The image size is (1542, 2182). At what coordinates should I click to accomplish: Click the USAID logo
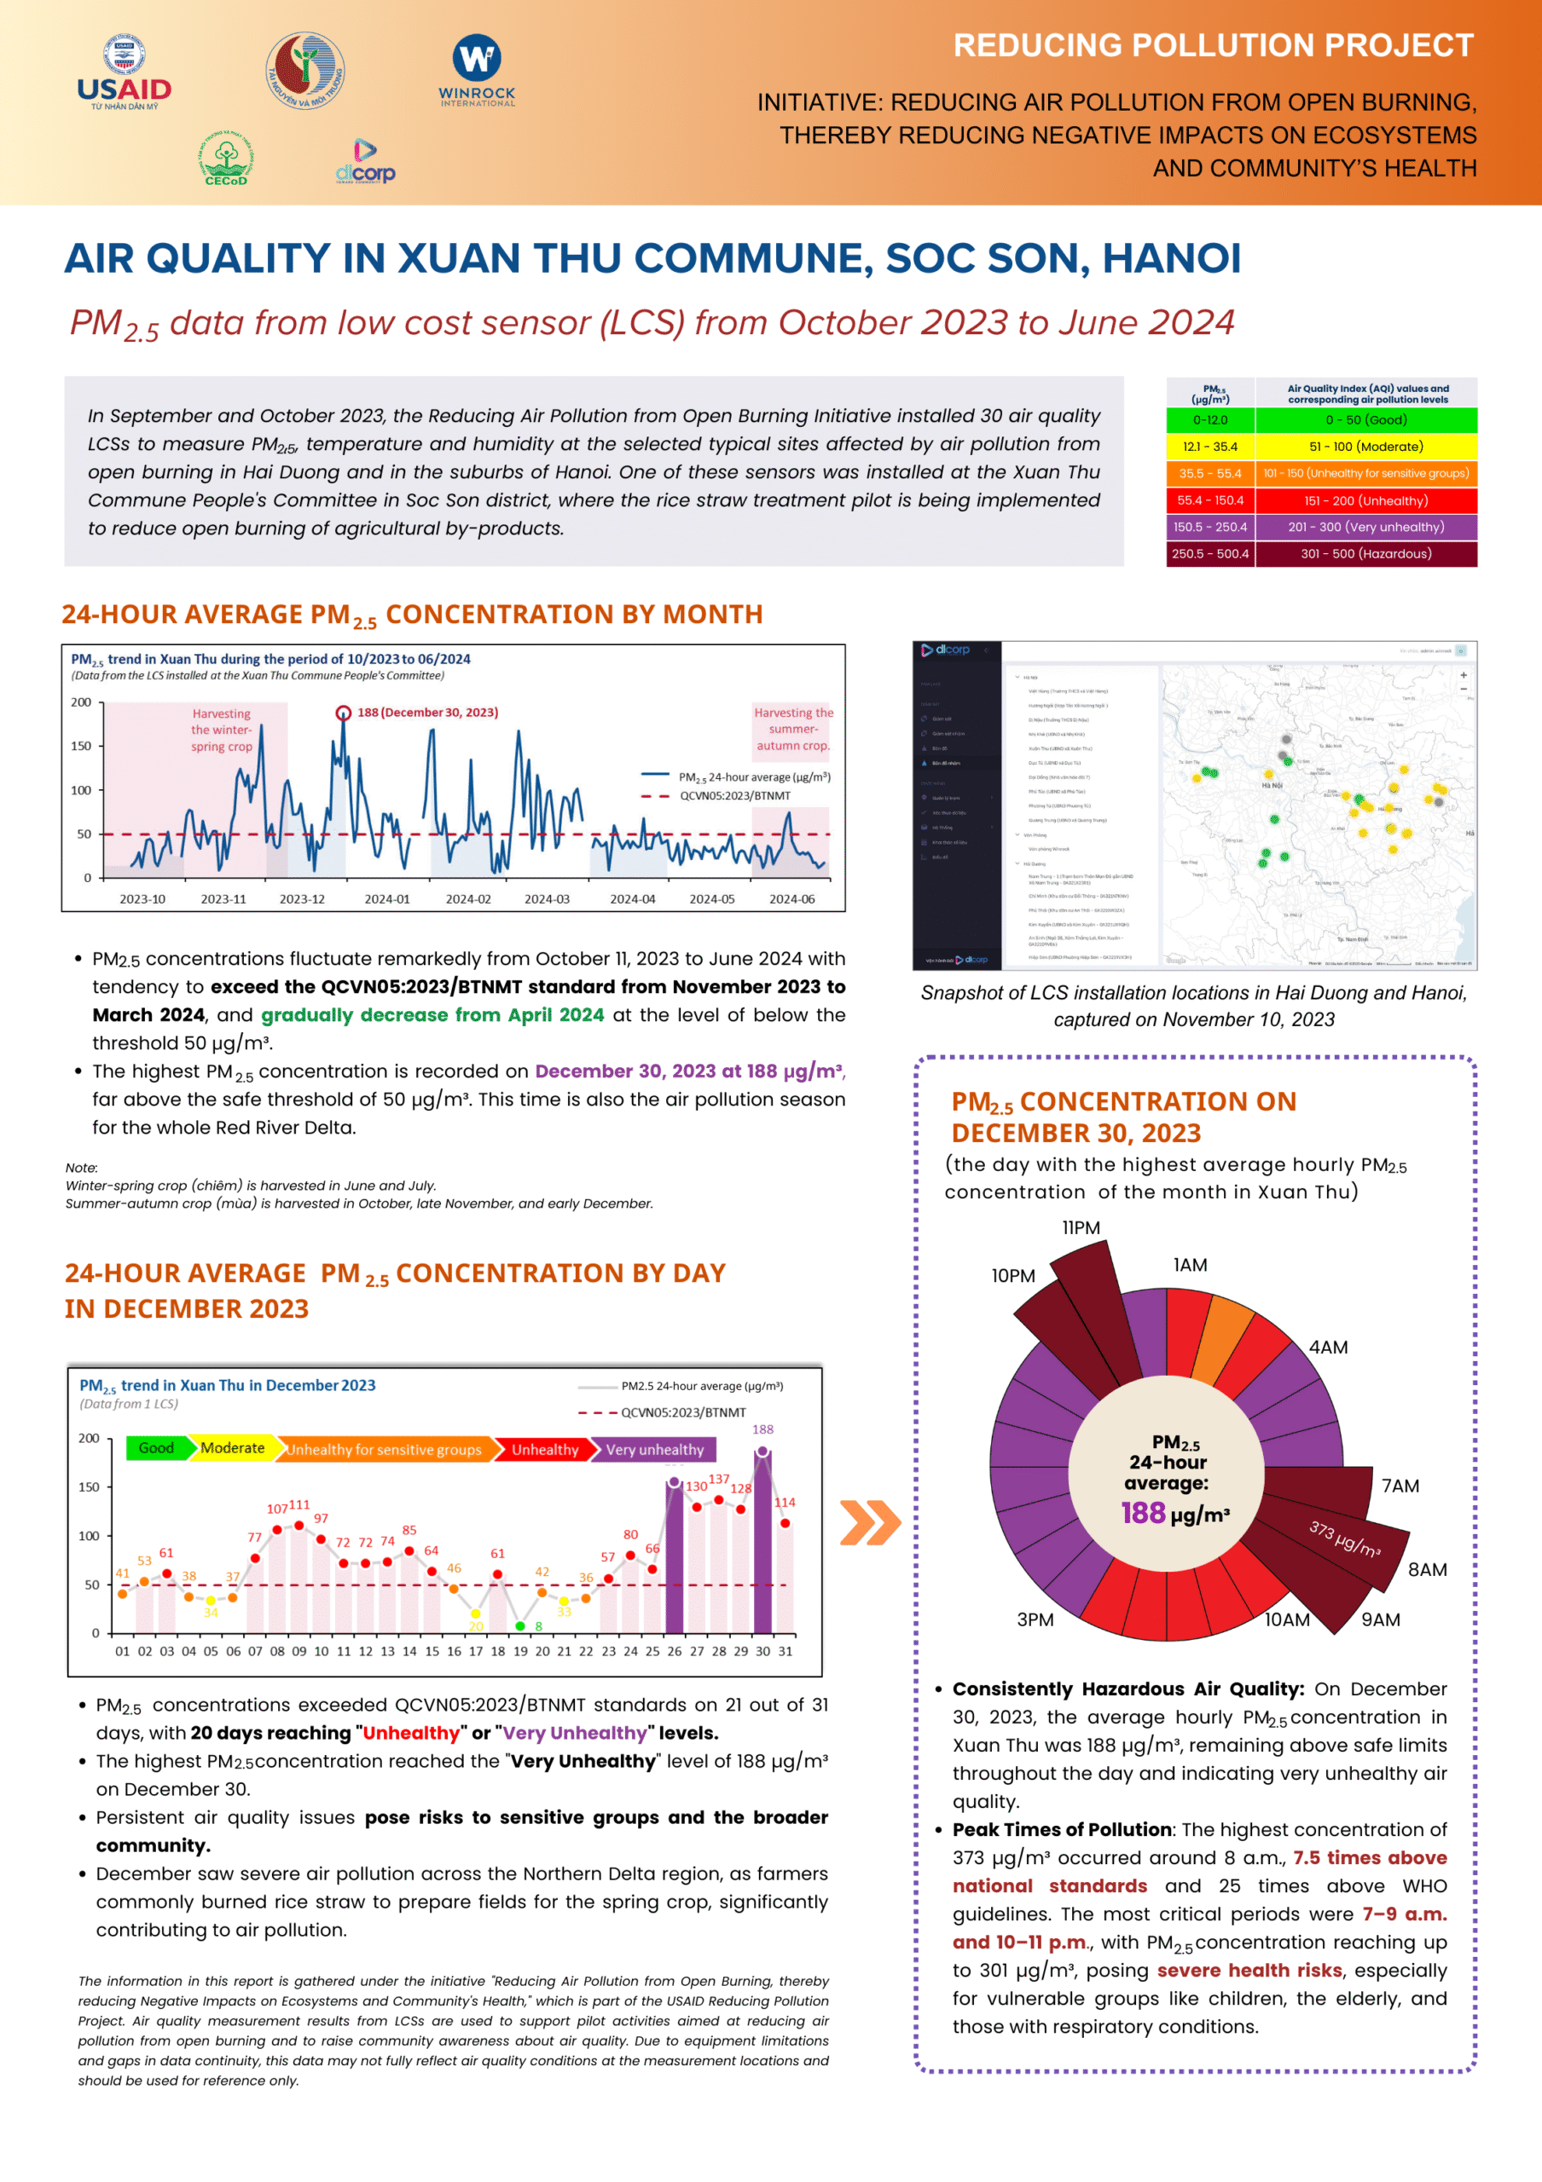coord(125,74)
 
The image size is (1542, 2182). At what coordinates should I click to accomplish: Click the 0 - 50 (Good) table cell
coord(1365,420)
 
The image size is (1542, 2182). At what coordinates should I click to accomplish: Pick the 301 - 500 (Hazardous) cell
coord(1365,553)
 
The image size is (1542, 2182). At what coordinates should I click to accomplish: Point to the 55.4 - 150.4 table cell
coord(1210,499)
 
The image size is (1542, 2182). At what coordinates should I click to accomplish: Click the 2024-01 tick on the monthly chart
coord(387,899)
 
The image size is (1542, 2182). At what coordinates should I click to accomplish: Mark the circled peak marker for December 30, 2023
coord(343,713)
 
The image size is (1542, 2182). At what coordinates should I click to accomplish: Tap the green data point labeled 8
coord(520,1626)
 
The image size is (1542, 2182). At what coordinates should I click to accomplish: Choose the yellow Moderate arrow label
coord(232,1448)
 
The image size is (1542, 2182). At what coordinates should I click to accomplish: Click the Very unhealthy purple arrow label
coord(654,1449)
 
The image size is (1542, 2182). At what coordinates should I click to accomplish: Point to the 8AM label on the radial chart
coord(1427,1570)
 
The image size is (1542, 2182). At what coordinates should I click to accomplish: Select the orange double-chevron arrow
coord(870,1522)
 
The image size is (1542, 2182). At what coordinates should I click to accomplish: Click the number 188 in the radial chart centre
coord(1143,1513)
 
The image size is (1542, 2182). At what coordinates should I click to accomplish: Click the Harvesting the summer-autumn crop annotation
coord(793,729)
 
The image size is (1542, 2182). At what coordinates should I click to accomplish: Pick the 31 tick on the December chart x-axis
coord(785,1652)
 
